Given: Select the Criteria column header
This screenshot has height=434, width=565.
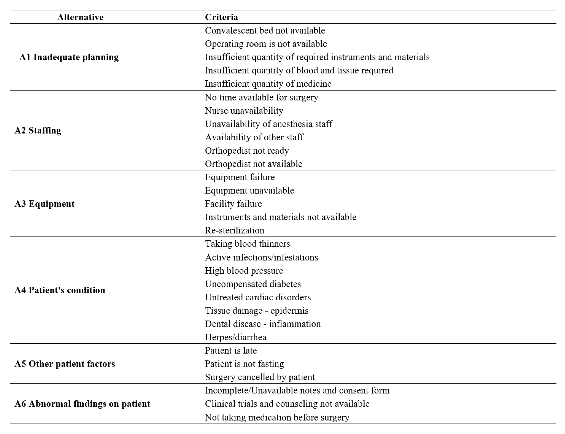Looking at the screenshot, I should coord(221,17).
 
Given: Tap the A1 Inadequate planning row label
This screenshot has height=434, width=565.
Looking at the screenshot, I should coord(69,57).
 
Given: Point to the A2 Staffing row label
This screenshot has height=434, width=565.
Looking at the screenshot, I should coord(38,130).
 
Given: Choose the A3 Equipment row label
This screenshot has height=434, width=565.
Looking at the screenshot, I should coord(45,204).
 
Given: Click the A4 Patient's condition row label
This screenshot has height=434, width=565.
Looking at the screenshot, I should coord(60,290).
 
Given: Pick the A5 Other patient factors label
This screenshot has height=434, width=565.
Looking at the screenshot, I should coord(65,364).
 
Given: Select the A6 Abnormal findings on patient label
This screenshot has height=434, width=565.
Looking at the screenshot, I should coord(82,404).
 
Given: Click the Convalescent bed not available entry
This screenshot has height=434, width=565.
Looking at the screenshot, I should coord(265,30).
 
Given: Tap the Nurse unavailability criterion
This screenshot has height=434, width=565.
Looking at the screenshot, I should coord(244,111).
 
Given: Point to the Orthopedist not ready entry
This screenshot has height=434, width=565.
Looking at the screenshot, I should coord(247,151).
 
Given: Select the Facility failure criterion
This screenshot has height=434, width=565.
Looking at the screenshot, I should coord(233,204).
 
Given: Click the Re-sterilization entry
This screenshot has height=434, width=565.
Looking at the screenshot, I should coord(235,230).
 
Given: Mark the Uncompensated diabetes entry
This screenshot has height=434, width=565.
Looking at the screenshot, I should coord(253,284).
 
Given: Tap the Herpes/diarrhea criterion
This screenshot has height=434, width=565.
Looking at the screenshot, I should coord(236,337).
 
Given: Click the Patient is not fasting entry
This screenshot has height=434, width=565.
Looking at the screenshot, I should coord(244,364).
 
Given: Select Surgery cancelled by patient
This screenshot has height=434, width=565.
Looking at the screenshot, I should coord(260,377).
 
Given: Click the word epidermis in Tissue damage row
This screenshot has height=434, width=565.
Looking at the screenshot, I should coord(289,310).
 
